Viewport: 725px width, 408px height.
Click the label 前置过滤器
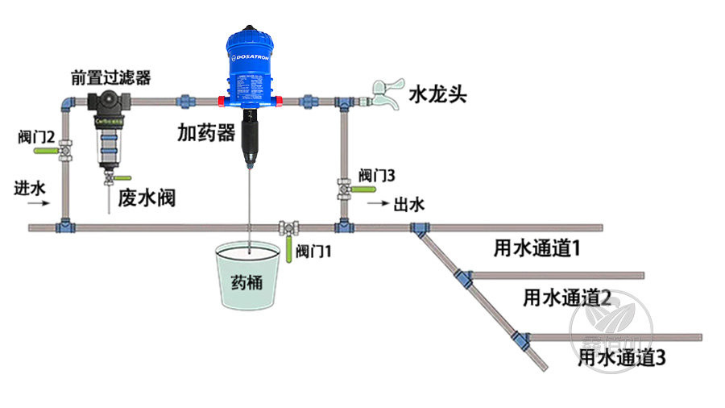(x=110, y=77)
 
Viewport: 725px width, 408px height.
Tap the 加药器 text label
(x=205, y=132)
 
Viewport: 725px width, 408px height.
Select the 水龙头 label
(x=437, y=94)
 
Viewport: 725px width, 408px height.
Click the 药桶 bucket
(x=248, y=279)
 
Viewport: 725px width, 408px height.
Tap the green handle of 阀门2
(x=44, y=150)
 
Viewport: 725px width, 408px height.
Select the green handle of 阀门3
(x=366, y=189)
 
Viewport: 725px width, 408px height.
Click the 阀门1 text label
(x=313, y=252)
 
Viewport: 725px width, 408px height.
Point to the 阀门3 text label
(x=377, y=175)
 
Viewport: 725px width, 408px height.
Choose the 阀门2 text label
(x=35, y=134)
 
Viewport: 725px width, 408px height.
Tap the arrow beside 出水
(x=377, y=205)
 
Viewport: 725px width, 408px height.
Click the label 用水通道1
(x=537, y=248)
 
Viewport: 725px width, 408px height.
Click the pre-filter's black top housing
(x=108, y=102)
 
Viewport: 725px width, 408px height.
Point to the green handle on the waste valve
(x=122, y=177)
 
